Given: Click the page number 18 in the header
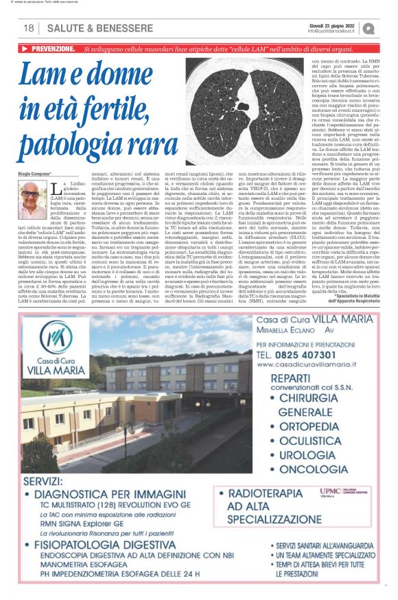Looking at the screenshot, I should pos(28,28).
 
